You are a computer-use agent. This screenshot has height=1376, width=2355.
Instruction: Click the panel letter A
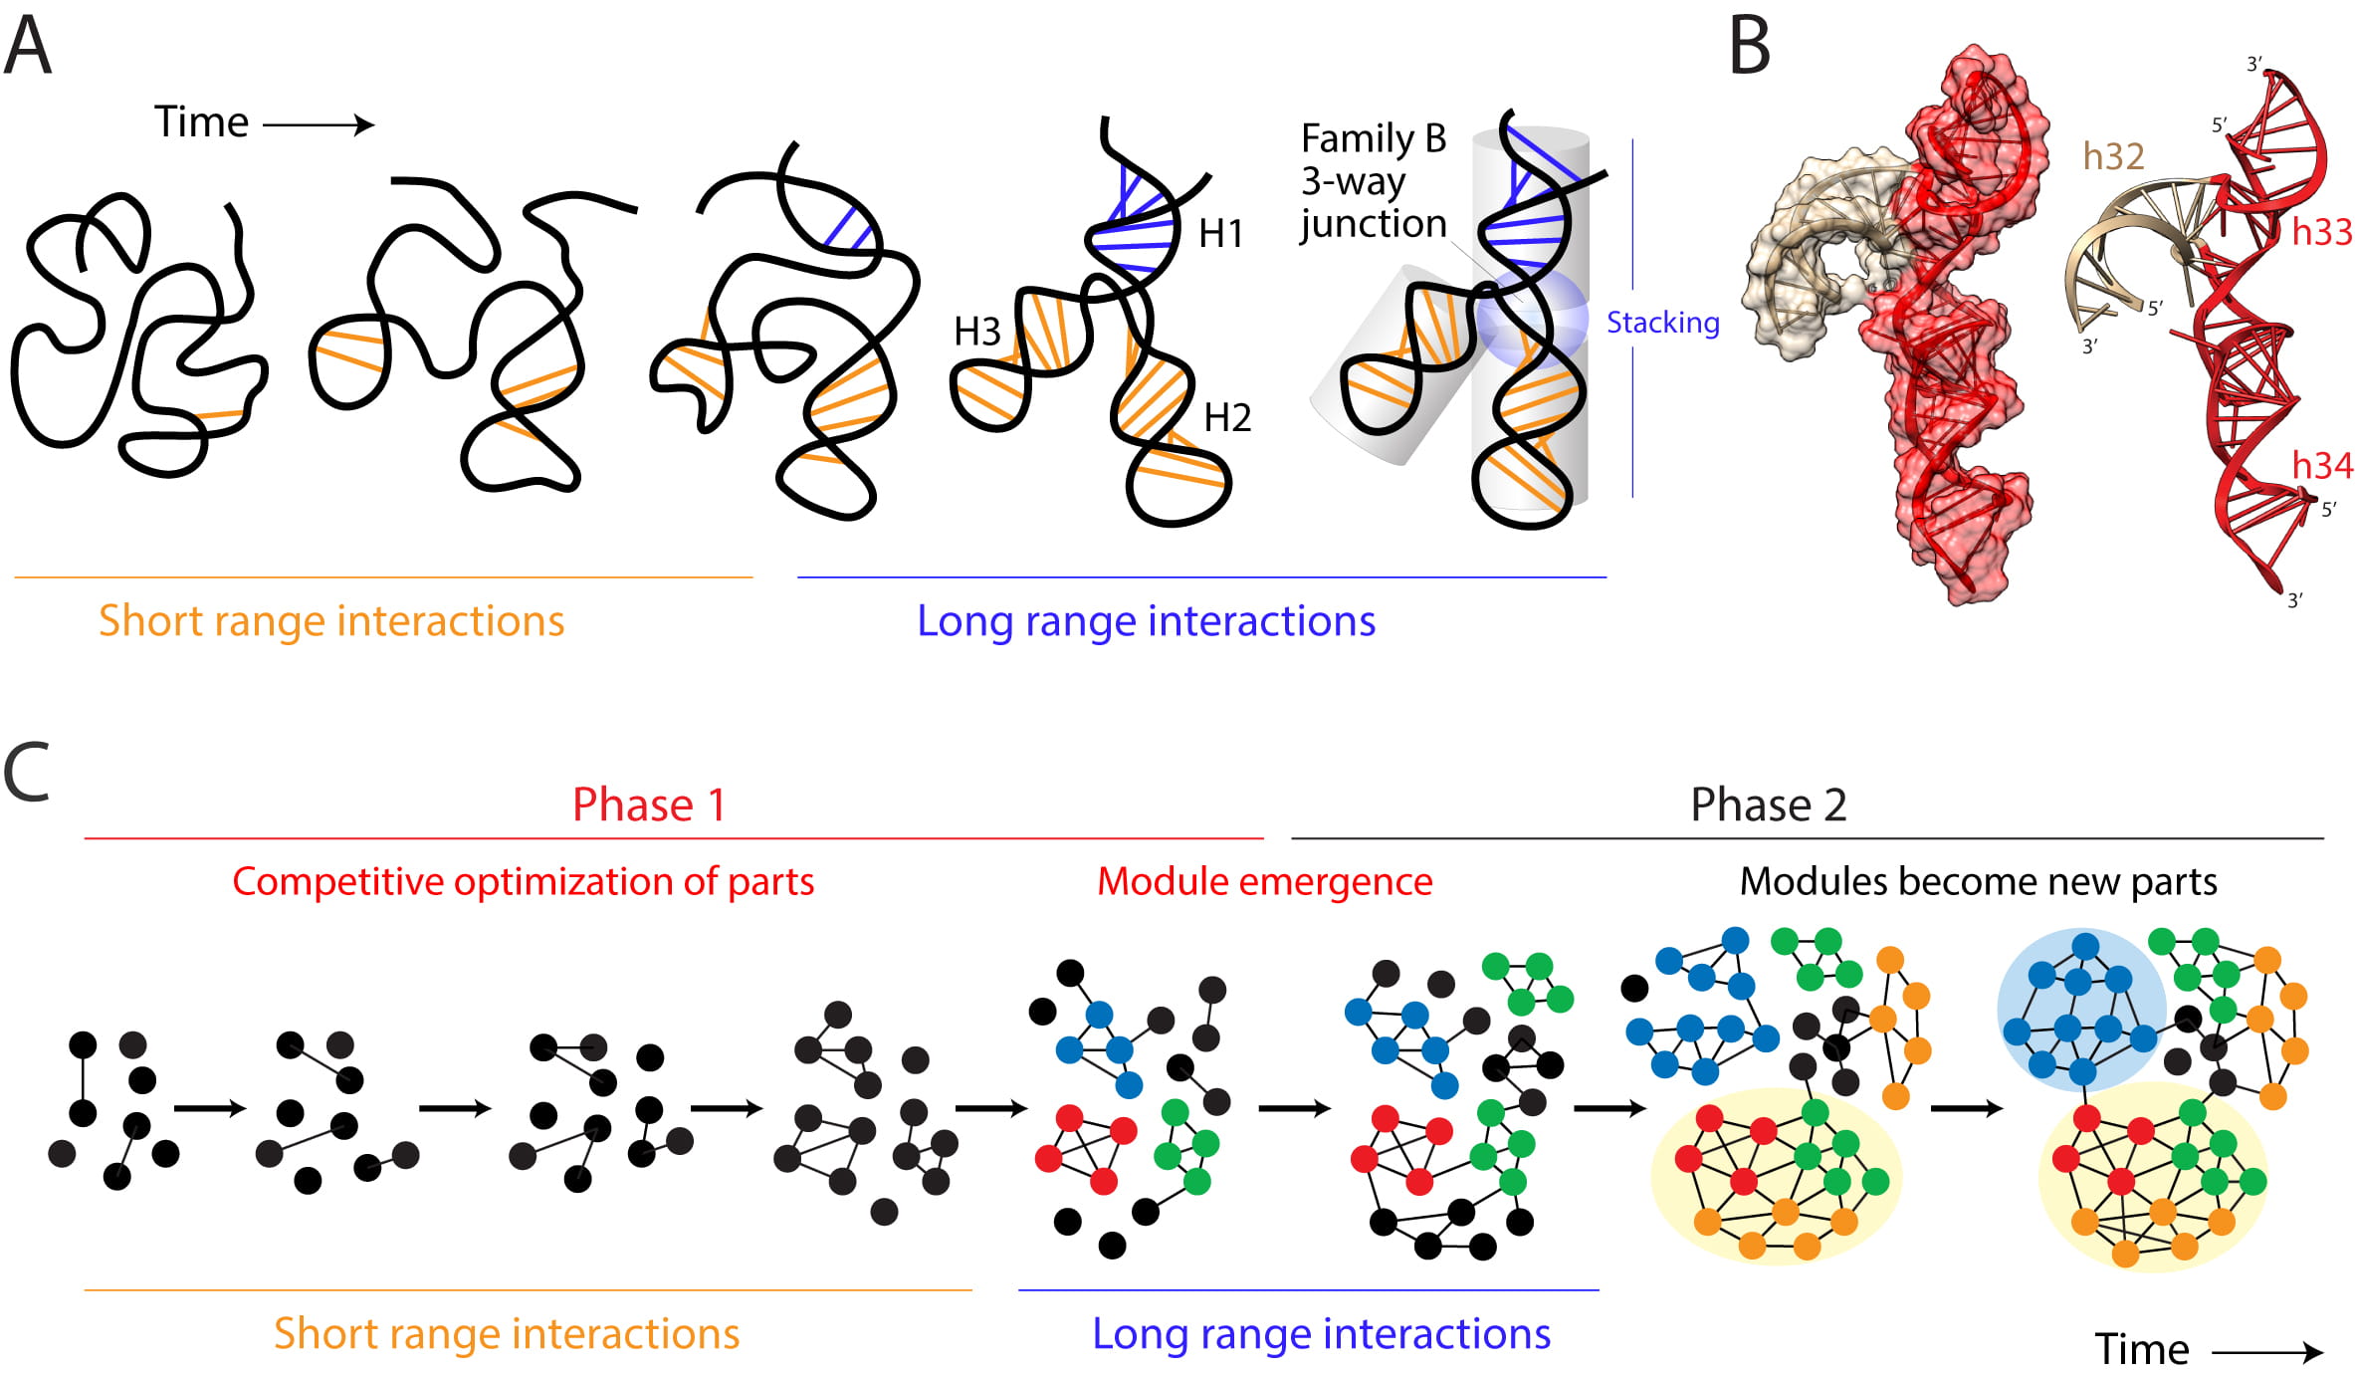[28, 47]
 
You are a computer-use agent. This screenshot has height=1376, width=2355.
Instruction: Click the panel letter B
[1750, 47]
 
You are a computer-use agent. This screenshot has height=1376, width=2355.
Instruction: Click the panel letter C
[27, 772]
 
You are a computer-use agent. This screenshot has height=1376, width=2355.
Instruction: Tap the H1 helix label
[1221, 234]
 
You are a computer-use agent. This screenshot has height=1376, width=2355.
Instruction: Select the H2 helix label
[1227, 417]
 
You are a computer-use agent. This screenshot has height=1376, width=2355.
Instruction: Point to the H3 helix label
[976, 332]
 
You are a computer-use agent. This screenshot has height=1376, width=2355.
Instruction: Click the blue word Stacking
[1662, 323]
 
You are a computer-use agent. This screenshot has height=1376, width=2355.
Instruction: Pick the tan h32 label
[2113, 156]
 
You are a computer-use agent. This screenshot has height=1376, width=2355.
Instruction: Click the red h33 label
[2321, 232]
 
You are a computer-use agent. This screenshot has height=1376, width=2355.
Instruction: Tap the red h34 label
[2321, 465]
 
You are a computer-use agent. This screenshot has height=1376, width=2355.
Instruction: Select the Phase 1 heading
[649, 804]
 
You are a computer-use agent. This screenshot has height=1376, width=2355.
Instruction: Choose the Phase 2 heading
[1768, 804]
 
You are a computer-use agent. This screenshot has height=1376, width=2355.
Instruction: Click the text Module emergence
[1264, 881]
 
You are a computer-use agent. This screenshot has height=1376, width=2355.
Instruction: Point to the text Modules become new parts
[1978, 881]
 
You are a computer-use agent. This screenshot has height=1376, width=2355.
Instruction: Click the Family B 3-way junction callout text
[1374, 181]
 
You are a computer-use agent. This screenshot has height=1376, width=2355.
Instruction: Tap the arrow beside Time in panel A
[319, 124]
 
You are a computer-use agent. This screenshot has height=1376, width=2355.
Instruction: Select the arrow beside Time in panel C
[2266, 1351]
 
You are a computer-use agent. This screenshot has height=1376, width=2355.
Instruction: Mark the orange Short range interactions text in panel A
[331, 620]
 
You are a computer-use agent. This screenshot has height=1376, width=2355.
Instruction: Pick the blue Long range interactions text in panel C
[1321, 1333]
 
